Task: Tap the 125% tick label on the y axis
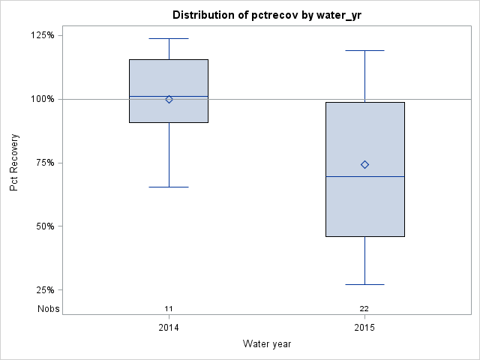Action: point(41,35)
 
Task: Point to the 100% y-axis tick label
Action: point(41,99)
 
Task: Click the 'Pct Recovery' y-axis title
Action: point(14,163)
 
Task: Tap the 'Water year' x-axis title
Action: point(267,343)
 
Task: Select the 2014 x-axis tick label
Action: point(169,328)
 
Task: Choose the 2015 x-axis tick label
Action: point(364,328)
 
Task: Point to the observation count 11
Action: point(169,309)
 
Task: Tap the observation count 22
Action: point(364,309)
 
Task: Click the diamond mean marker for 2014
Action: point(169,99)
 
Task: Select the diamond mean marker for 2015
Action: point(364,164)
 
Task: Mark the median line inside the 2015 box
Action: point(364,176)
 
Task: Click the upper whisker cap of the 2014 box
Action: point(169,38)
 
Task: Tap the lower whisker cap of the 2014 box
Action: point(169,187)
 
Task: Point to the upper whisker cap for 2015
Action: point(364,50)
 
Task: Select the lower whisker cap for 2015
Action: point(364,284)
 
